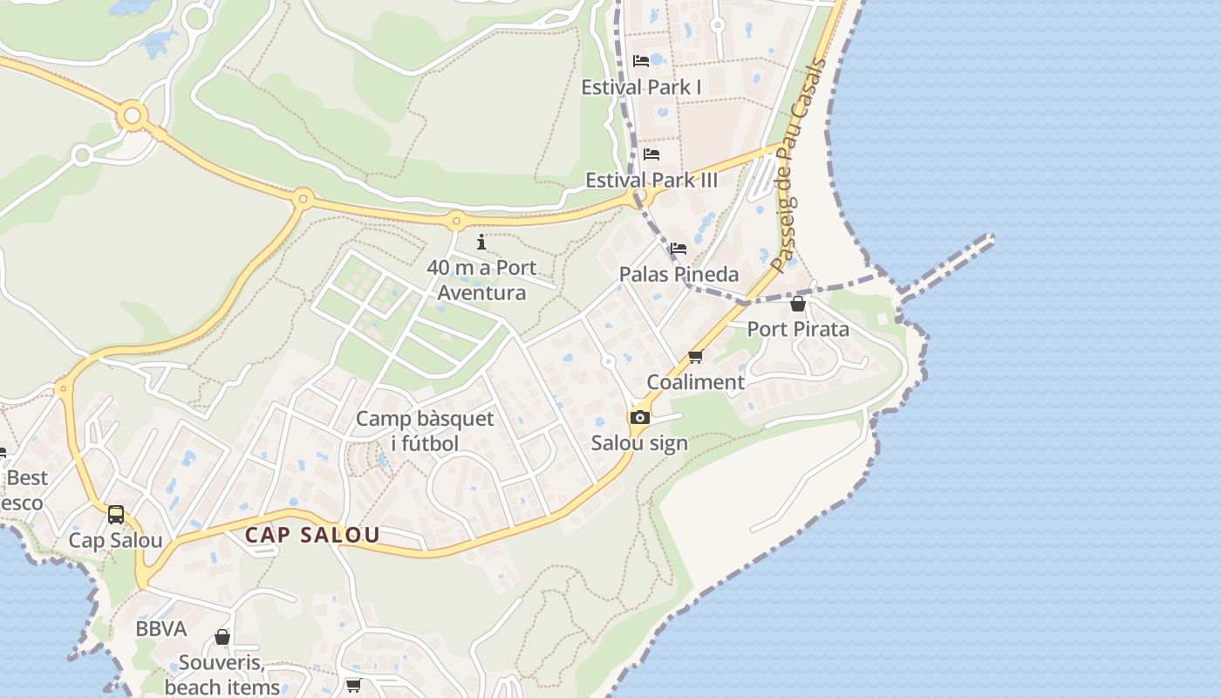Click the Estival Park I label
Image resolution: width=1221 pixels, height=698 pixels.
coord(641,87)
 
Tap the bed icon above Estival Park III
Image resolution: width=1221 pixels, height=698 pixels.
coord(651,154)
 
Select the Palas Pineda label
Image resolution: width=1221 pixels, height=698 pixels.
coord(679,274)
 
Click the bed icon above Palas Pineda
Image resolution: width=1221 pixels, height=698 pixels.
coord(679,249)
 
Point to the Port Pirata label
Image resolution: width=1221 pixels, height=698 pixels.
coord(798,329)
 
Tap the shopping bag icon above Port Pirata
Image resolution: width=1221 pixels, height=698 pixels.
coord(797,304)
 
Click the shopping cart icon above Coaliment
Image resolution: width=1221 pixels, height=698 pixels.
coord(695,356)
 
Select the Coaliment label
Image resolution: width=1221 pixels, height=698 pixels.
coord(695,382)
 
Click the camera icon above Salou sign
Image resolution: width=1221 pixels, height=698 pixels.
coord(640,417)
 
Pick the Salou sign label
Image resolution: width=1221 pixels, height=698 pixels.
coord(639,442)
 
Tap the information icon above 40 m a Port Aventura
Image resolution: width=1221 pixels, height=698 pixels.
coord(481,242)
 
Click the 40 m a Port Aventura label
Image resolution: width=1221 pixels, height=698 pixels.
coord(481,280)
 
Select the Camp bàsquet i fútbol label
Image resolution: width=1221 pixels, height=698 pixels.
coord(425,431)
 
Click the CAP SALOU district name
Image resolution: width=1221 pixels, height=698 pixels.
coord(312,535)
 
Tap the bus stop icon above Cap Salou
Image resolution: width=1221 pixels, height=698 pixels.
coord(116,515)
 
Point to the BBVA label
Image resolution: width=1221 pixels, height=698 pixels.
coord(161,628)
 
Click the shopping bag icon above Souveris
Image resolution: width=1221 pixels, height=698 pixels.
coord(222,637)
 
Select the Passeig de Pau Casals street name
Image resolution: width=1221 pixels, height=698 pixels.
coord(800,166)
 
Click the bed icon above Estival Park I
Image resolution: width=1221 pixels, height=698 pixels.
coord(641,61)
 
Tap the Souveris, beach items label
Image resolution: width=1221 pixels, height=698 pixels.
coord(222,674)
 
